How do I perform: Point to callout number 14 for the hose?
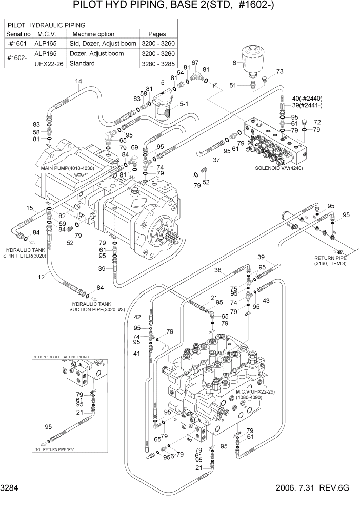78,82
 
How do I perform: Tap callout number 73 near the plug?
279,72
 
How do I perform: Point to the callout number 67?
195,63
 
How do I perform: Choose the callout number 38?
217,270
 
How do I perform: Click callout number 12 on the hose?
41,278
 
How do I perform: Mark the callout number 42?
137,317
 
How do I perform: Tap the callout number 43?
266,300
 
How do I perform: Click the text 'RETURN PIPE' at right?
331,258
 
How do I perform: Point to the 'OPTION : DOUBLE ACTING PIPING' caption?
61,357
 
